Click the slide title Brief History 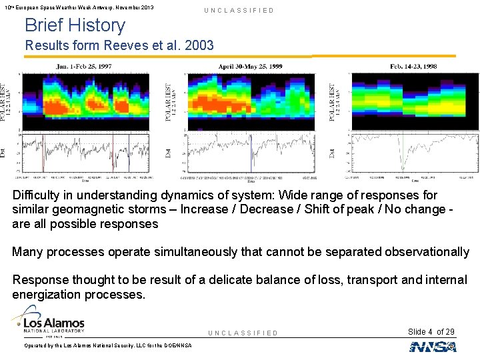[x=75, y=26]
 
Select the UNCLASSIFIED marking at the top [x=239, y=11]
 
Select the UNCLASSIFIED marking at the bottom [x=243, y=333]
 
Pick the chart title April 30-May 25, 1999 [x=250, y=66]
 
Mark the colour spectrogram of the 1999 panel [x=251, y=100]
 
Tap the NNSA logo [x=433, y=346]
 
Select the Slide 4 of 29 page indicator [x=431, y=332]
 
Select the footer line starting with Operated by [x=107, y=345]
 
